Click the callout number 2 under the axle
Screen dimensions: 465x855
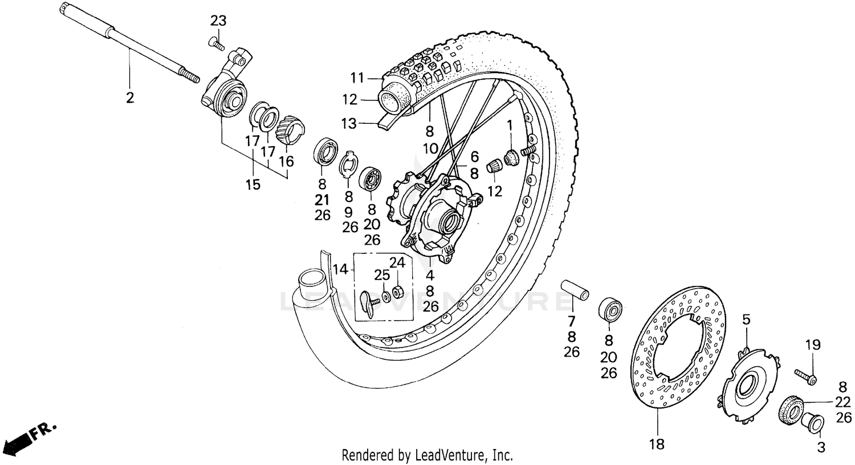pyautogui.click(x=130, y=98)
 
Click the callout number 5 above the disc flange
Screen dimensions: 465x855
pyautogui.click(x=746, y=320)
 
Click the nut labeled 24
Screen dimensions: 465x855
pyautogui.click(x=398, y=292)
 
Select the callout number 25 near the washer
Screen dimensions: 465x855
pyautogui.click(x=382, y=276)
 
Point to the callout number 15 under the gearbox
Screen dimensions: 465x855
pyautogui.click(x=253, y=184)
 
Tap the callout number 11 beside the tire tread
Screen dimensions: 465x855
pyautogui.click(x=357, y=77)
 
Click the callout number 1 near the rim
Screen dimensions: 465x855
pyautogui.click(x=510, y=123)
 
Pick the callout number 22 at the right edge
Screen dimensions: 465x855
pyautogui.click(x=844, y=402)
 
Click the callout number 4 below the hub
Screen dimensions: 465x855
pyautogui.click(x=430, y=275)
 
